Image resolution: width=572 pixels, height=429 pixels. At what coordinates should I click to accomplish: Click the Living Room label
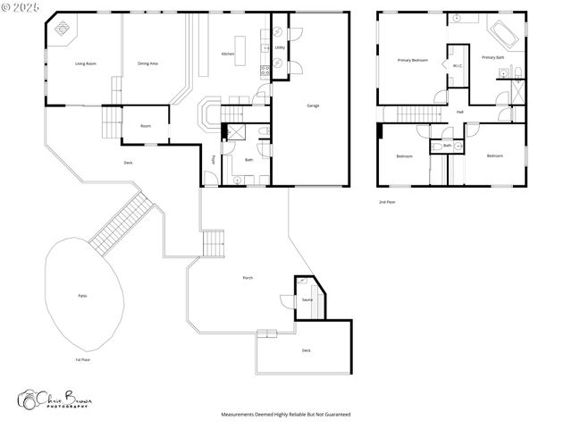click(x=86, y=63)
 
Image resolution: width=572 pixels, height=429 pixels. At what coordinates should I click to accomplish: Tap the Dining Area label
click(x=148, y=63)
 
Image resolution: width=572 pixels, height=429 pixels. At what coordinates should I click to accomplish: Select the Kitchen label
click(x=229, y=55)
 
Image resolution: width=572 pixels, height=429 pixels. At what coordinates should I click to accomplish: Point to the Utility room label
click(x=280, y=46)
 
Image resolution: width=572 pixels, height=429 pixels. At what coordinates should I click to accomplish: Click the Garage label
click(x=313, y=105)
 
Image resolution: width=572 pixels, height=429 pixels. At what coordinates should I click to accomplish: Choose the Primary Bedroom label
click(x=413, y=60)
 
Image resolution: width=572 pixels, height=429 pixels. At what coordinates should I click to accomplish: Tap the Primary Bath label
click(x=493, y=57)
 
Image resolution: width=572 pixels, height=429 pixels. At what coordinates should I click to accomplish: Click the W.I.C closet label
click(x=457, y=65)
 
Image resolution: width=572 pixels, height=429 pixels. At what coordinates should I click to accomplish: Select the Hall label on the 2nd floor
click(x=460, y=112)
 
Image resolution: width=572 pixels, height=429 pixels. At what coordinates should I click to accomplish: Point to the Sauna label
click(x=307, y=300)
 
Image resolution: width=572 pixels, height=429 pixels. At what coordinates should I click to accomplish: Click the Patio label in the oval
click(x=81, y=296)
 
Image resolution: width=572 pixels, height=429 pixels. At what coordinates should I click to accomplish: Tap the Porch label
click(x=248, y=278)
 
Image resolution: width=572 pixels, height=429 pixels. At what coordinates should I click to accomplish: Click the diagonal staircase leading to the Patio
click(x=122, y=222)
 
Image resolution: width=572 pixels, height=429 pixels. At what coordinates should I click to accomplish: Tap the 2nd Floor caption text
click(x=387, y=202)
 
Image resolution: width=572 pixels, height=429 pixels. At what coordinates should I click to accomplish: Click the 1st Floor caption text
click(x=83, y=359)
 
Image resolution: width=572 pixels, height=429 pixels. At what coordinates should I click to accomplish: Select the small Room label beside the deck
click(x=145, y=126)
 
